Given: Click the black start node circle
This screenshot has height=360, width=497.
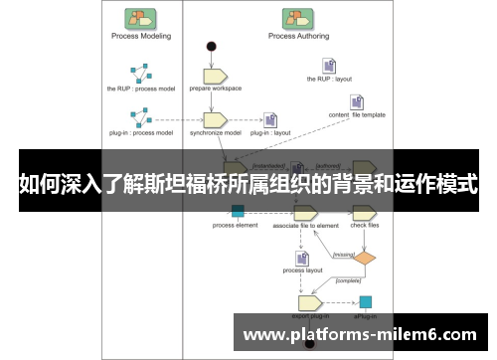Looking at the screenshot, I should [x=211, y=46].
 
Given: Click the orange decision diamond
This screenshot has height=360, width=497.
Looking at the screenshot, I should [x=367, y=258].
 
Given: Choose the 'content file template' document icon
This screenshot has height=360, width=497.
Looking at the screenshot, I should [x=357, y=100].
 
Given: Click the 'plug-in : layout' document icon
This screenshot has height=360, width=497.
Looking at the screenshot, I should [x=269, y=119].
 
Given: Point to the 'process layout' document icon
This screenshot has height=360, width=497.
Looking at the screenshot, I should [x=301, y=258].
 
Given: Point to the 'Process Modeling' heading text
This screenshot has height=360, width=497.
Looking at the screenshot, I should [x=139, y=36].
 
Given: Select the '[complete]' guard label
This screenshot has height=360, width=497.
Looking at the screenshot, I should [x=348, y=280].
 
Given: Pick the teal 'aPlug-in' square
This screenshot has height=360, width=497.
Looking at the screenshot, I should [x=366, y=301].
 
